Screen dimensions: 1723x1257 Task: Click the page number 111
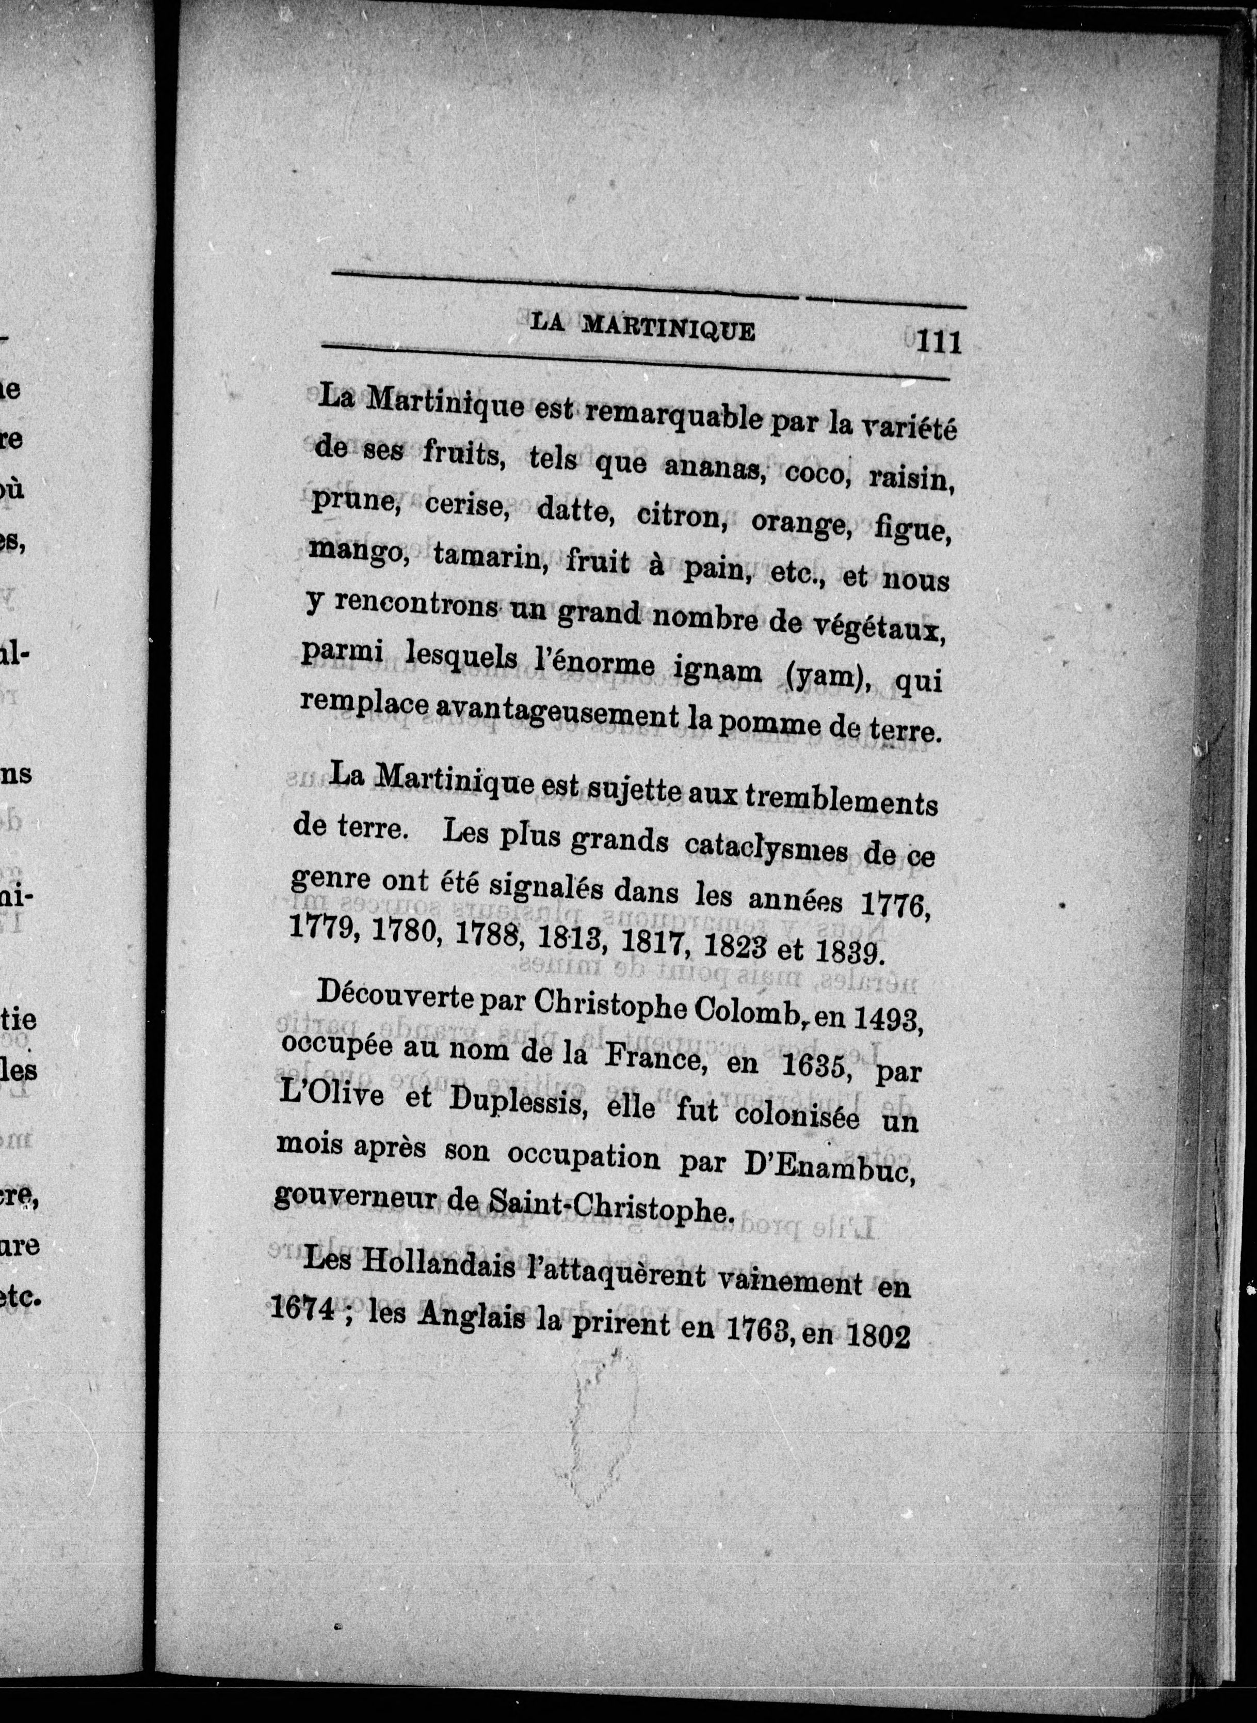click(938, 340)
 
